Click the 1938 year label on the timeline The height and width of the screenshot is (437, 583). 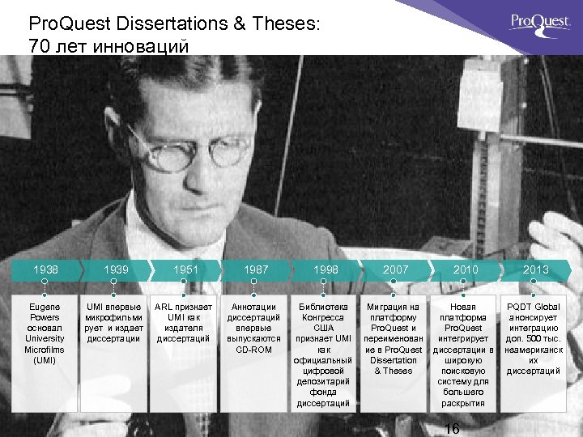point(45,269)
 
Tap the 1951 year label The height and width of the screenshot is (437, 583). point(185,269)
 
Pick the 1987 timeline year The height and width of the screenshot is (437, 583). point(256,269)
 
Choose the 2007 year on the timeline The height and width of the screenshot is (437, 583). point(395,269)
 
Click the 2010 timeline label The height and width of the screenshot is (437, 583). point(466,269)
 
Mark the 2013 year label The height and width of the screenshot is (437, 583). point(535,269)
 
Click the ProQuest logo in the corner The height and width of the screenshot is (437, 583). point(540,23)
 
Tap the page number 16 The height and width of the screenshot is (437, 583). point(453,429)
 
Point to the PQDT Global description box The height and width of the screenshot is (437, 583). point(534,338)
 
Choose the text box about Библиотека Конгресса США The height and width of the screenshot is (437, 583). point(324,354)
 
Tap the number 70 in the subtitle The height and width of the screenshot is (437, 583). point(39,46)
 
